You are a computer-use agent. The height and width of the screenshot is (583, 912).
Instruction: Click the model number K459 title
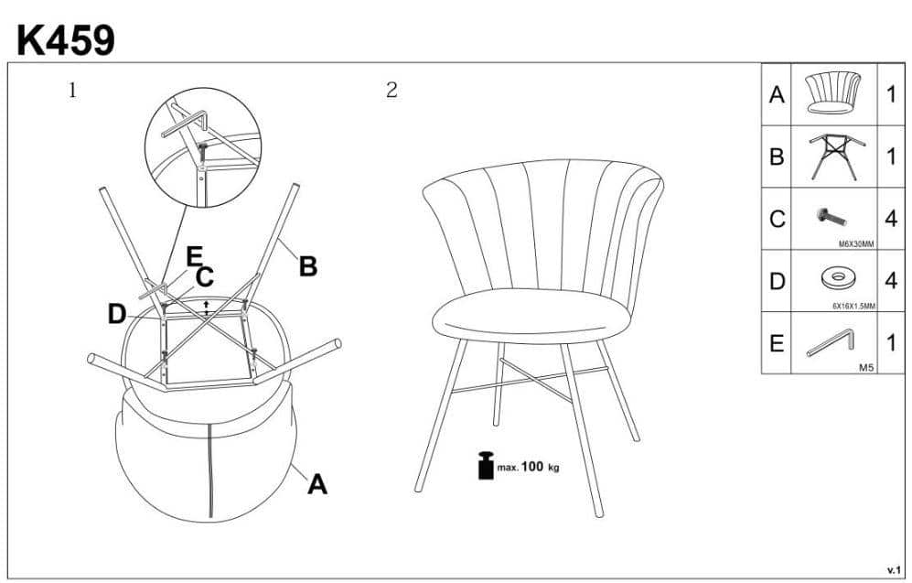[66, 41]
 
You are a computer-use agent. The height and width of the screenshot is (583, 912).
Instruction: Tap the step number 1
[72, 91]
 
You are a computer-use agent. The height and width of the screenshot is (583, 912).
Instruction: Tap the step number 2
[392, 91]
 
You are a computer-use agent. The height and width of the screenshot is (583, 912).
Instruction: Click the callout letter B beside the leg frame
[307, 266]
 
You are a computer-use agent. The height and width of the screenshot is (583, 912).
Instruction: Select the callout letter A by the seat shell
[317, 484]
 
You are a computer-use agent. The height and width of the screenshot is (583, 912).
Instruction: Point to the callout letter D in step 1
[117, 315]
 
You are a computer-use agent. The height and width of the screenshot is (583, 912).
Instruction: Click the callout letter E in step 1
[194, 256]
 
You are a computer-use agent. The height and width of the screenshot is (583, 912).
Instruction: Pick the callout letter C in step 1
[205, 277]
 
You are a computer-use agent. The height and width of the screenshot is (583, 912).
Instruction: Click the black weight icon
[486, 465]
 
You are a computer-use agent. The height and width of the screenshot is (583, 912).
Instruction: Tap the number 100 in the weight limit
[532, 466]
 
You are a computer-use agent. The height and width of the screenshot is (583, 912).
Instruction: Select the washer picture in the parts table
[837, 277]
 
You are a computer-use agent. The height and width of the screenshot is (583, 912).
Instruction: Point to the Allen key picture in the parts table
[830, 342]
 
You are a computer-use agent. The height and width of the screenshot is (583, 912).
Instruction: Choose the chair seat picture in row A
[833, 92]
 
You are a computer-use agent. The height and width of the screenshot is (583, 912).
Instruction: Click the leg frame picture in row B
[836, 156]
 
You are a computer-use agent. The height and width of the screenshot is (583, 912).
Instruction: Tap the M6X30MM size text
[856, 244]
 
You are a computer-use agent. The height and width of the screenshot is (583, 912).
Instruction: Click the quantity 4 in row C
[891, 219]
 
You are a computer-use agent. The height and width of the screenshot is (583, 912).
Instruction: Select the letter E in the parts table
[777, 343]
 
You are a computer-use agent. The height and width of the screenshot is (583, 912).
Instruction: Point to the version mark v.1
[894, 569]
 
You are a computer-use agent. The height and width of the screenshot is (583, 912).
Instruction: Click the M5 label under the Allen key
[866, 368]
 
